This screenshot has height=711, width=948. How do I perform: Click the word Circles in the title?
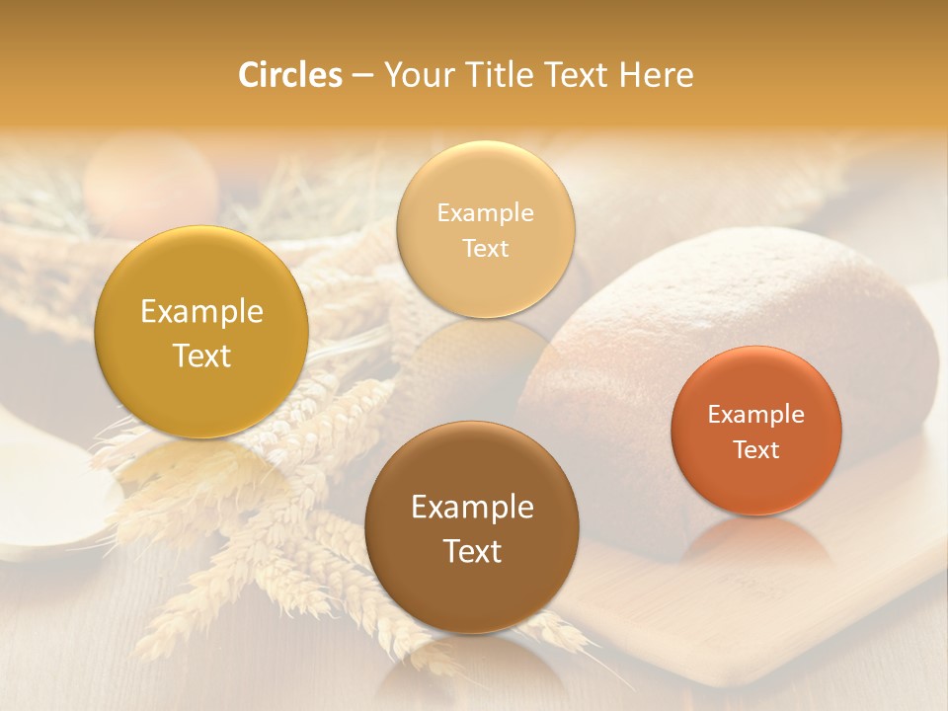pyautogui.click(x=289, y=75)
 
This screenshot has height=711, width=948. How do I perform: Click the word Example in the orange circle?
pyautogui.click(x=755, y=415)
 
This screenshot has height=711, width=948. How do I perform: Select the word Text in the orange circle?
pyautogui.click(x=755, y=450)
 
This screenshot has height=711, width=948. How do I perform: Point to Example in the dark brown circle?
pyautogui.click(x=472, y=508)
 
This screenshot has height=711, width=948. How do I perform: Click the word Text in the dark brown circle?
pyautogui.click(x=472, y=551)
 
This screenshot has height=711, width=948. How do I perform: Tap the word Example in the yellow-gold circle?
pyautogui.click(x=201, y=312)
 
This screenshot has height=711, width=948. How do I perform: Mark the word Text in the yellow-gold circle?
pyautogui.click(x=201, y=355)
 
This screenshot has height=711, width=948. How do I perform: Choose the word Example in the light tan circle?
pyautogui.click(x=485, y=213)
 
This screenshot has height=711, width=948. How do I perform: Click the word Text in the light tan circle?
pyautogui.click(x=485, y=249)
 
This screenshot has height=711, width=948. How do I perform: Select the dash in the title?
pyautogui.click(x=362, y=76)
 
